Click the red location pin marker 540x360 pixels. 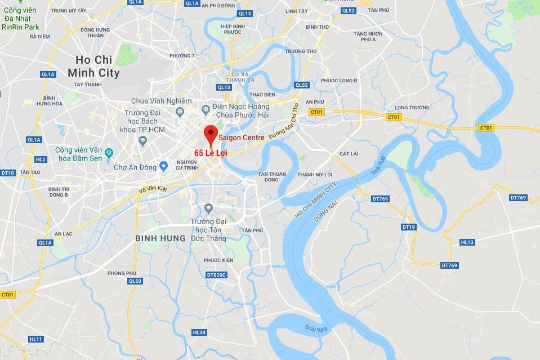click(211, 134)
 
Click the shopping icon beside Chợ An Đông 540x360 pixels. click(163, 166)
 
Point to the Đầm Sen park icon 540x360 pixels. click(109, 153)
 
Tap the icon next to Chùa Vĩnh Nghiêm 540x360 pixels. click(180, 111)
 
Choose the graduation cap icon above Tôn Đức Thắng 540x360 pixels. click(208, 209)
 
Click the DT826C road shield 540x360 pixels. click(216, 275)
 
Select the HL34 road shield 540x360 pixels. click(199, 332)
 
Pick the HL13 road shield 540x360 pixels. click(467, 242)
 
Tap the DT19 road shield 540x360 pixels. click(409, 227)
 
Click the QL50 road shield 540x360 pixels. click(135, 281)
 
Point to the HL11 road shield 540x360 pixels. click(35, 339)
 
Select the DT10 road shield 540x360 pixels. click(8, 173)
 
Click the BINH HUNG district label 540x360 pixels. click(160, 238)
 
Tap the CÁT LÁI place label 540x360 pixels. click(349, 153)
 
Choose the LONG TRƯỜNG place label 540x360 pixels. click(412, 108)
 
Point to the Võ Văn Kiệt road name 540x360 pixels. click(154, 191)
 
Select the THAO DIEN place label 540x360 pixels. click(262, 95)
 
